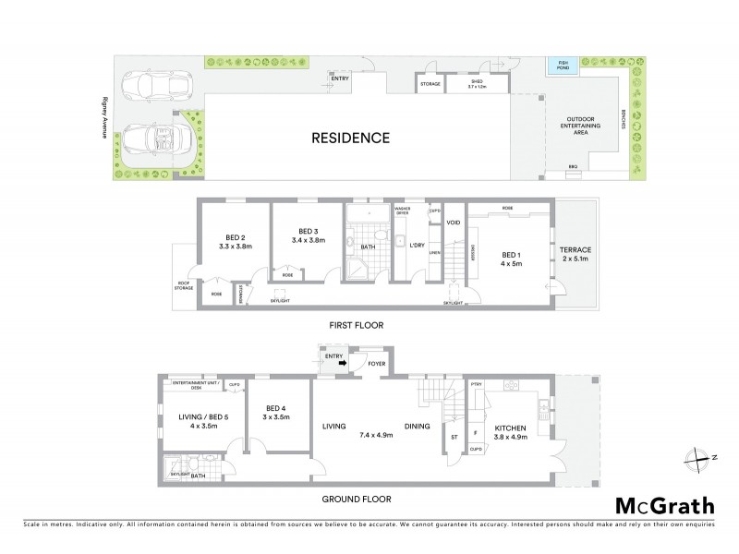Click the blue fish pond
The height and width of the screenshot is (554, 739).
click(558, 66)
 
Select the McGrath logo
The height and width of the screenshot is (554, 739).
click(663, 506)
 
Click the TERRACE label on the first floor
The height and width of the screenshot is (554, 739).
click(574, 249)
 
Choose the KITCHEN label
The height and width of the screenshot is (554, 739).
click(510, 428)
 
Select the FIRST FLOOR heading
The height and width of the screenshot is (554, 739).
click(355, 325)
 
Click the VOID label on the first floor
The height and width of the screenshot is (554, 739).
click(452, 223)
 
